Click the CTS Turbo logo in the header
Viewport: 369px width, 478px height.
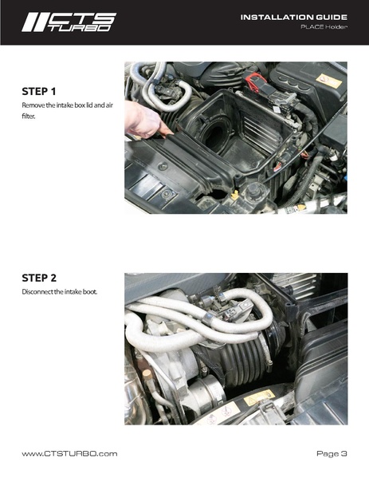(69, 22)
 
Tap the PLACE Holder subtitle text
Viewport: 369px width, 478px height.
(324, 28)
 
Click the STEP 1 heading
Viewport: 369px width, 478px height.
(42, 91)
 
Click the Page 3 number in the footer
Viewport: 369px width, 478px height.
(332, 453)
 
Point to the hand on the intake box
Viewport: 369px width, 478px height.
(143, 120)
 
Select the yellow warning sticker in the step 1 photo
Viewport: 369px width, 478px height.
(328, 81)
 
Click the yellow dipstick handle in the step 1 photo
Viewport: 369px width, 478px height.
(235, 194)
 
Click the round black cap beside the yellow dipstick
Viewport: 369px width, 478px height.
(255, 192)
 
